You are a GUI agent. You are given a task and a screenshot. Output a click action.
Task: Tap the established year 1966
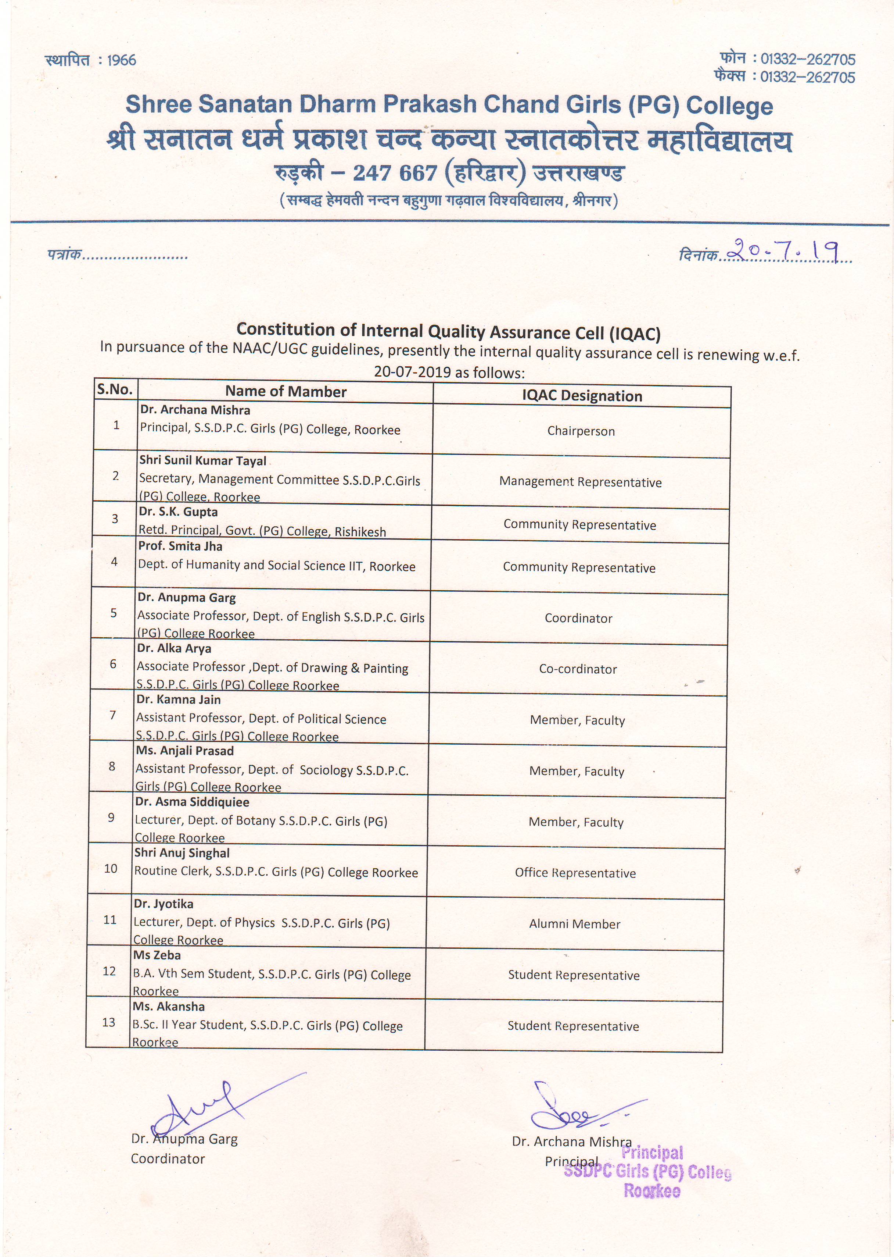coord(122,60)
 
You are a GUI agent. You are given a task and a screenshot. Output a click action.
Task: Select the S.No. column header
coord(115,390)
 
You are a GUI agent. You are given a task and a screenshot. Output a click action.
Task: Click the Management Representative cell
coord(580,482)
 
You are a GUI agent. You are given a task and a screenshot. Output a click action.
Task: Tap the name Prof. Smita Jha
coord(180,546)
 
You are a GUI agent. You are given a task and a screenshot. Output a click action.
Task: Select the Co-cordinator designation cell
coord(578,669)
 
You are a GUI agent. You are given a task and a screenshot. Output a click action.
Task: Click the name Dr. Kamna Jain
coord(178,699)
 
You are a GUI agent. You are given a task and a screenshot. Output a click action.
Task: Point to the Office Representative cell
coord(575,873)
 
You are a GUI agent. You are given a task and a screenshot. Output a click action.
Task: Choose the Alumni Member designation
coord(575,924)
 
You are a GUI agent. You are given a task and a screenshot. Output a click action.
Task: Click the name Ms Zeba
coord(157,955)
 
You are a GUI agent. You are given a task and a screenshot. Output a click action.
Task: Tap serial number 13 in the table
coord(109,1022)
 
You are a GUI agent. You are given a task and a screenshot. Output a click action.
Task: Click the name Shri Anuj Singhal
coord(182,853)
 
